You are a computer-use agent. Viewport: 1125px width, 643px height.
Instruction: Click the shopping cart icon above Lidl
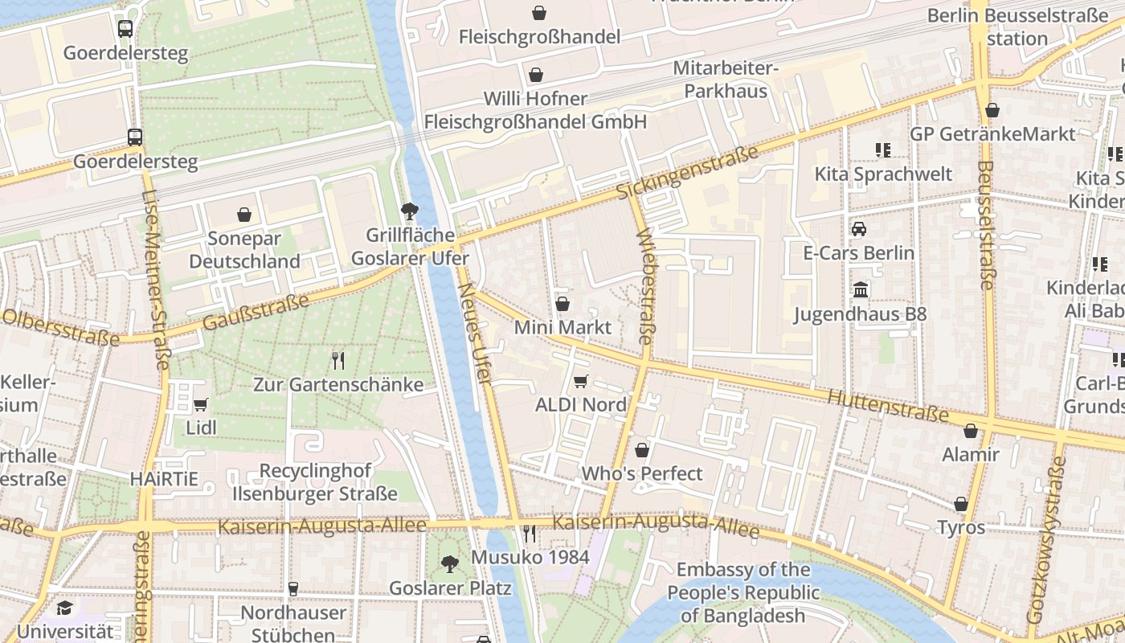200,404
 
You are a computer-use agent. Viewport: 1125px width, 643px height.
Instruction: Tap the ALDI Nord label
580,404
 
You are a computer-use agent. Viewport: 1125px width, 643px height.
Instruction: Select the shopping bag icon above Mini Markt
562,304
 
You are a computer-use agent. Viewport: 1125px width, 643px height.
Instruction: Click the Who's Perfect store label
642,473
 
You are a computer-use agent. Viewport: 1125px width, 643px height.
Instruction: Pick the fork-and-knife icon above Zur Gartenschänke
338,360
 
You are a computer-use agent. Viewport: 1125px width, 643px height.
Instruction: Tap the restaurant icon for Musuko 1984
529,533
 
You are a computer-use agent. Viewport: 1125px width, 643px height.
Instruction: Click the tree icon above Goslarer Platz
450,564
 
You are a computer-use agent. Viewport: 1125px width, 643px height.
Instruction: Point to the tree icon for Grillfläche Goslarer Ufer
410,211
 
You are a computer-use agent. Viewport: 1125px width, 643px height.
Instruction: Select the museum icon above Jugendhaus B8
860,289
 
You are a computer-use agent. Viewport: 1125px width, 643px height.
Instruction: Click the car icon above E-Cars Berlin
859,229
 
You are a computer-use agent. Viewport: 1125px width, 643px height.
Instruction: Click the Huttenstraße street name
887,406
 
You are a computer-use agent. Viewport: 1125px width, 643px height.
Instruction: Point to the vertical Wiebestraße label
645,286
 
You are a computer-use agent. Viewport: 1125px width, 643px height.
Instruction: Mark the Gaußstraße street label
256,313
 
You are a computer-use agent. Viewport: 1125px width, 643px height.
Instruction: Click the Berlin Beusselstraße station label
1017,27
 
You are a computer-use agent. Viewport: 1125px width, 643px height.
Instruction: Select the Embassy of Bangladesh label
743,593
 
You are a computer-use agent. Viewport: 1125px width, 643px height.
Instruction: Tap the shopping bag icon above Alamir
971,431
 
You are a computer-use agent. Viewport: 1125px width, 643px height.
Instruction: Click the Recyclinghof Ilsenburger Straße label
315,482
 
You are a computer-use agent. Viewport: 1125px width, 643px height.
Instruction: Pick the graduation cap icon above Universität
64,608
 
